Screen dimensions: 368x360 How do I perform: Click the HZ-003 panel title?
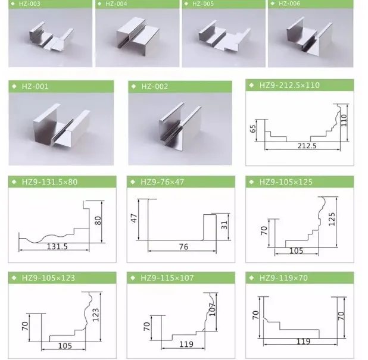29,4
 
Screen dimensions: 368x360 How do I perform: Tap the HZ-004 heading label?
116,4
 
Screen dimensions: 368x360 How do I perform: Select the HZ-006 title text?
289,4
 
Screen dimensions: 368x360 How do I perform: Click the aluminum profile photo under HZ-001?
62,125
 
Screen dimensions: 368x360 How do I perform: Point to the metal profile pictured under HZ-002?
180,125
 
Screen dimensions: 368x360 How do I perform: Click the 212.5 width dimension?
307,146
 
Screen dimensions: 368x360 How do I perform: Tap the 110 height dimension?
344,120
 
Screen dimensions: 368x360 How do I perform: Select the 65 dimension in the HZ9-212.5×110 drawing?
253,129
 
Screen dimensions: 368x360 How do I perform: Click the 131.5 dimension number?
57,246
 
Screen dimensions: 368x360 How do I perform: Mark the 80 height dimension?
98,221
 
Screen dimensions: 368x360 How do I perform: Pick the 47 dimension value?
134,218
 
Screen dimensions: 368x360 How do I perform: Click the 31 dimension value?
224,225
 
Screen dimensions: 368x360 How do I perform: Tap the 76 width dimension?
183,247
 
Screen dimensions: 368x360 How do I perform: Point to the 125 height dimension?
332,220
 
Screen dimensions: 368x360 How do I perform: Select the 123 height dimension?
96,315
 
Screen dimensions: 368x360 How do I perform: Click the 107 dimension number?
212,309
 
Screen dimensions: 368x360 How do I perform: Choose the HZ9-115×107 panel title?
167,278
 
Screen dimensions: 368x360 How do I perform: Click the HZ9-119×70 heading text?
283,278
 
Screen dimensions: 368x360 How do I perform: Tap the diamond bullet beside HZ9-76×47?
133,181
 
